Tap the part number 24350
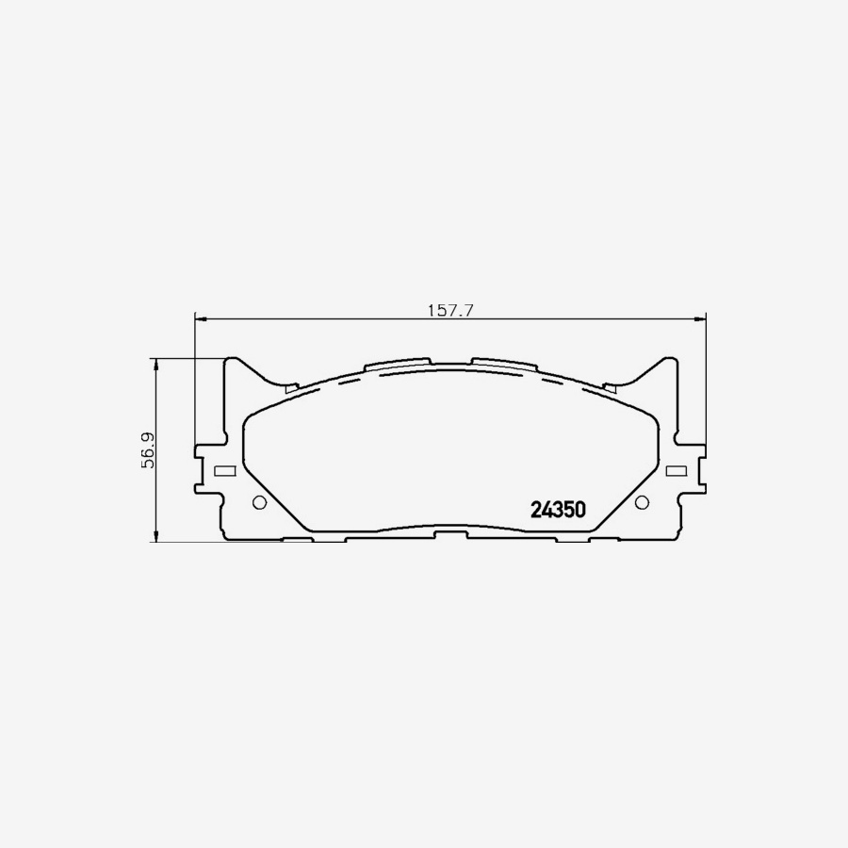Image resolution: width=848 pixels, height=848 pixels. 559,510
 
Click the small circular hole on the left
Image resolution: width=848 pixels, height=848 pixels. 259,502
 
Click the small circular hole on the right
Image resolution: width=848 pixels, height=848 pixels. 642,502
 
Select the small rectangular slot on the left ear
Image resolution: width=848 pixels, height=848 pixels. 224,471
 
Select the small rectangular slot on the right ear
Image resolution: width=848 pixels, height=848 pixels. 676,471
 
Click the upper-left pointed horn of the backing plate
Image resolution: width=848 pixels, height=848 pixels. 233,362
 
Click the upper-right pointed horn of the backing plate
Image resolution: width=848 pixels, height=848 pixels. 668,362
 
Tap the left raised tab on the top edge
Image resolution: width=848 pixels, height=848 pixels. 396,364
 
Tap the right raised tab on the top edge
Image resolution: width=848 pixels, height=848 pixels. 505,364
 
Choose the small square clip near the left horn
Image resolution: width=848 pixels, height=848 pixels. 291,385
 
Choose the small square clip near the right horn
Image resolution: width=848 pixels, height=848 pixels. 610,385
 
